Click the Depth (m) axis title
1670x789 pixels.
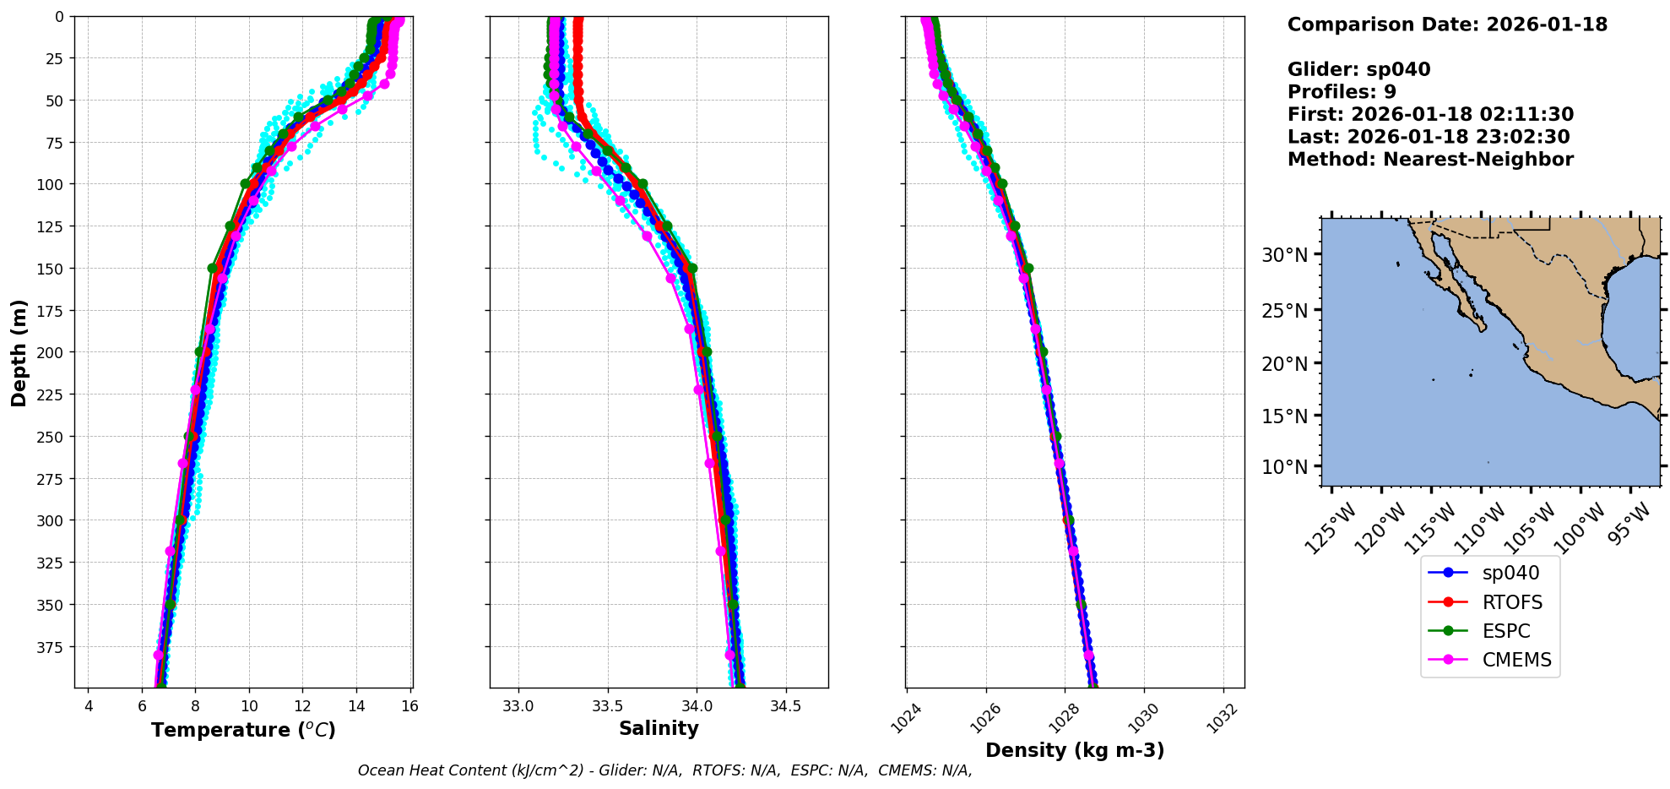pyautogui.click(x=19, y=352)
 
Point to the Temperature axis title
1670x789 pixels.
pyautogui.click(x=243, y=730)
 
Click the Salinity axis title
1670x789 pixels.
pyautogui.click(x=659, y=728)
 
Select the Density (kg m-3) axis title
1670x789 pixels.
pyautogui.click(x=1075, y=750)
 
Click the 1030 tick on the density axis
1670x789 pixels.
pyautogui.click(x=1145, y=718)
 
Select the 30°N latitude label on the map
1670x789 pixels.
pyautogui.click(x=1284, y=255)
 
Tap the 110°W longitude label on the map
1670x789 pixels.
pyautogui.click(x=1482, y=528)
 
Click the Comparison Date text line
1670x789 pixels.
pyautogui.click(x=1447, y=24)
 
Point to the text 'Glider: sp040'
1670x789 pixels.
pyautogui.click(x=1358, y=69)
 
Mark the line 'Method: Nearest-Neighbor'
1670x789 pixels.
pyautogui.click(x=1430, y=160)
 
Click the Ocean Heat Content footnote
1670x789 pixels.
pyautogui.click(x=664, y=770)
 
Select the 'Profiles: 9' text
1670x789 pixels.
pyautogui.click(x=1342, y=92)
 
